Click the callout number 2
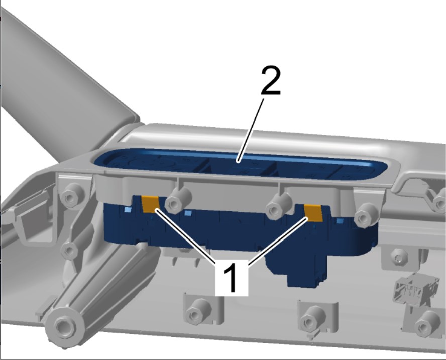[271, 80]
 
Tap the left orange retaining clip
[151, 204]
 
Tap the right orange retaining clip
[313, 213]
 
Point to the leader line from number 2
[251, 130]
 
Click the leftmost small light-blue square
[128, 210]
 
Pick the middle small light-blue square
[188, 213]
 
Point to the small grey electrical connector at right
[416, 288]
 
